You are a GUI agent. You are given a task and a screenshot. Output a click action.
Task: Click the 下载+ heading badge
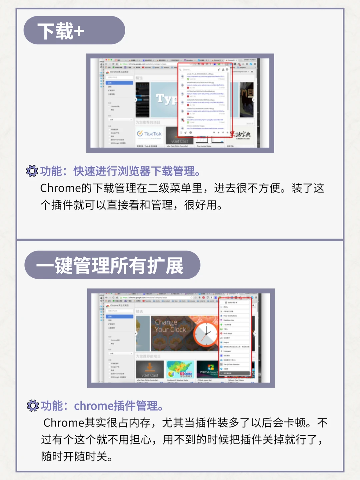(74, 31)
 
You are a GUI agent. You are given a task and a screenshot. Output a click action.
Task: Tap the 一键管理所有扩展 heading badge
(112, 265)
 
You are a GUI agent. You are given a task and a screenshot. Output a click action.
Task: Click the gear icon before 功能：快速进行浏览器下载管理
(32, 171)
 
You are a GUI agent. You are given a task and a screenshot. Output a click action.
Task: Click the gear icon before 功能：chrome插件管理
(33, 406)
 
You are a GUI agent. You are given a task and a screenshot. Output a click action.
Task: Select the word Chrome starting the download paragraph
(61, 188)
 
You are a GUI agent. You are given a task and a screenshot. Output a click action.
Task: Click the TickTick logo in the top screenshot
(149, 134)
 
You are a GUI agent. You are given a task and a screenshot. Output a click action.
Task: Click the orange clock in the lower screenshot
(206, 334)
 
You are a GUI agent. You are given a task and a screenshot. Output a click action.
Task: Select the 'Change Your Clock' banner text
(170, 326)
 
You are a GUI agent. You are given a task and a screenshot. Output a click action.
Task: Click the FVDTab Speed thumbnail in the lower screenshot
(207, 369)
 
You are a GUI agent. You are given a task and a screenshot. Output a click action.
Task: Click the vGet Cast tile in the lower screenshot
(150, 369)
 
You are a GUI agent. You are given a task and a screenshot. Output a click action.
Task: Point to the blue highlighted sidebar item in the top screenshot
(120, 83)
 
